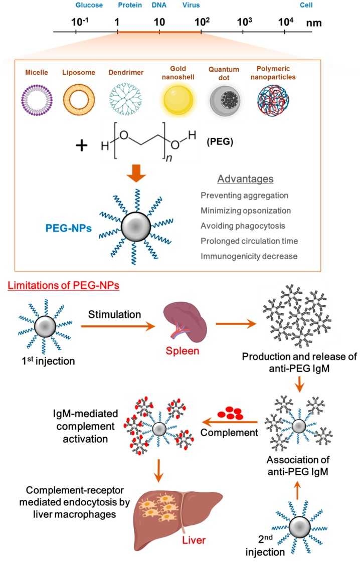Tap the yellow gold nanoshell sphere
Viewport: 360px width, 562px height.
tap(175, 102)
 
